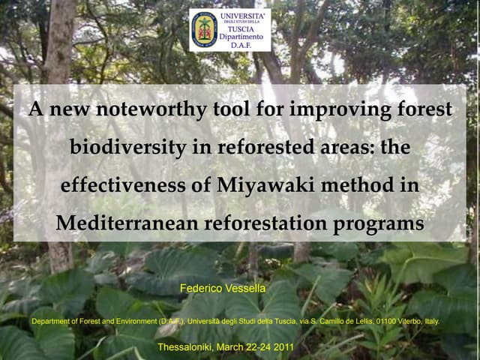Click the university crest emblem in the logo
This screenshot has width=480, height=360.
point(203,29)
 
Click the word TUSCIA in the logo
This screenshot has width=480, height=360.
point(241,29)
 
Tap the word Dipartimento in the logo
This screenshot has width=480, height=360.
point(241,37)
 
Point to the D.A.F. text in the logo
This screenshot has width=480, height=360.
point(241,45)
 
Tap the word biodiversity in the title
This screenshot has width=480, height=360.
point(128,148)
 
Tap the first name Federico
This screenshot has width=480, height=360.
point(199,287)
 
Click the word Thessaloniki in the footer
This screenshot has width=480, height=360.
point(187,347)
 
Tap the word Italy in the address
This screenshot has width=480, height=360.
point(432,321)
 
